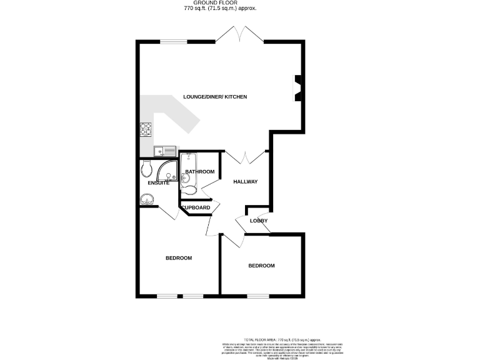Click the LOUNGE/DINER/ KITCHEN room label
click(x=215, y=97)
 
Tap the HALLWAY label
click(x=246, y=182)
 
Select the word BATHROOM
click(x=200, y=172)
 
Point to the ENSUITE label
click(x=159, y=183)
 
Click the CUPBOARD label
click(x=196, y=207)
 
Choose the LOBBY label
click(x=258, y=221)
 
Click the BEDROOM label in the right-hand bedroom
click(x=261, y=266)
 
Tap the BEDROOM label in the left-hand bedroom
click(x=178, y=258)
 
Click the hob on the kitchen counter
click(x=146, y=129)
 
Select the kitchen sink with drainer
click(x=166, y=151)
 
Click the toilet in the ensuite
click(x=147, y=168)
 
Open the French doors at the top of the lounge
click(x=240, y=35)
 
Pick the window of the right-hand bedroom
click(x=257, y=296)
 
